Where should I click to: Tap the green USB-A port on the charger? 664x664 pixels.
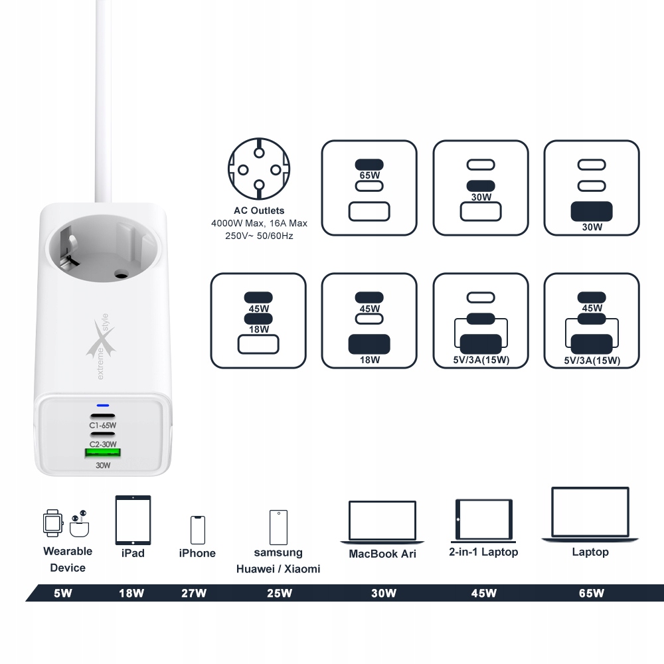102,454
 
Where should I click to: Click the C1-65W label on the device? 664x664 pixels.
103,426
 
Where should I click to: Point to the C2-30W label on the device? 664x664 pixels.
103,444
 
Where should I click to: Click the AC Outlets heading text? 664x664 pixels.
259,210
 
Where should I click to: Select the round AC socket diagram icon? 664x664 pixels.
259,169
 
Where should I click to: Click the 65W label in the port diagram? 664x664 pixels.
369,177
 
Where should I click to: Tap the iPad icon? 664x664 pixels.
133,520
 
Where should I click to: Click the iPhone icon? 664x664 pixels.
197,529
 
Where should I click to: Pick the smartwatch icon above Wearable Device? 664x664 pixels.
52,523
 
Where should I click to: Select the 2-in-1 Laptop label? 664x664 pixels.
483,552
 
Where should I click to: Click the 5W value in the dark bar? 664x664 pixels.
62,593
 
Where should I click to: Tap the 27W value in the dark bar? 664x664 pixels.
194,593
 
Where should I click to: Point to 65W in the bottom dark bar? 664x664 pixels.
591,593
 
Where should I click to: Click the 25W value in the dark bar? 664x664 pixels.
279,593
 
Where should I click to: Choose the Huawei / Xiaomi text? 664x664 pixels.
278,569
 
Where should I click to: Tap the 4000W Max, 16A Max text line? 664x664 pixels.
259,224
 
